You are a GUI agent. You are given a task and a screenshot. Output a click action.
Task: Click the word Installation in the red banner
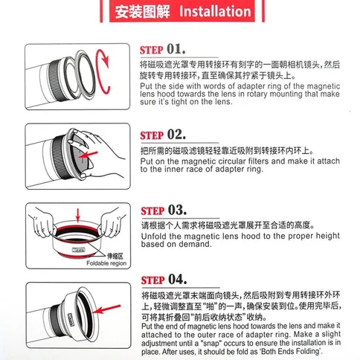tap(215, 11)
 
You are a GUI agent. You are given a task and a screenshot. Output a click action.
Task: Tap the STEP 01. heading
tap(162, 49)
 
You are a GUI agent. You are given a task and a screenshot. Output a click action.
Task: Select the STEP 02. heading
tap(163, 135)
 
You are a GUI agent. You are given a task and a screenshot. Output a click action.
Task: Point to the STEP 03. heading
tap(164, 210)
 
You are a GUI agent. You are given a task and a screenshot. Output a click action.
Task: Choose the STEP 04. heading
tap(164, 280)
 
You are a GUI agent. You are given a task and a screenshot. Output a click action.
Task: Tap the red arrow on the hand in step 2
tap(89, 155)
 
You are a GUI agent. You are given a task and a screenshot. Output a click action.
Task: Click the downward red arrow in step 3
tap(78, 215)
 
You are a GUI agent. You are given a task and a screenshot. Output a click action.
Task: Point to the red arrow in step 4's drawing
tap(108, 309)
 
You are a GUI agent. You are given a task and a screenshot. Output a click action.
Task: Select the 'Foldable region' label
tap(106, 263)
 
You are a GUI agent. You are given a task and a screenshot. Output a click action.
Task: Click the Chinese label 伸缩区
tap(115, 256)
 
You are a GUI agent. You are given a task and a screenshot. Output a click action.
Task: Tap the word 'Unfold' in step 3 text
tap(154, 236)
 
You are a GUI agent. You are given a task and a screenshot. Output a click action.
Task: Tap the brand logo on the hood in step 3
tap(78, 250)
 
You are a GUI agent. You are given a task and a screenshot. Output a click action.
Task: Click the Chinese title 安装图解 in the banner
tap(142, 11)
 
